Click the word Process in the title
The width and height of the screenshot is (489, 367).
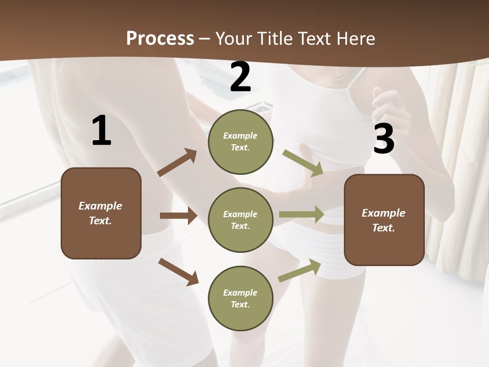pos(160,39)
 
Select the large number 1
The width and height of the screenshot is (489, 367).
pos(101,131)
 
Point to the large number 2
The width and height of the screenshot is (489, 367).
pos(240,77)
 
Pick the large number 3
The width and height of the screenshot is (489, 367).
pos(384,139)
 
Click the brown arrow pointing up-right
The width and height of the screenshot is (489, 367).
pos(177,163)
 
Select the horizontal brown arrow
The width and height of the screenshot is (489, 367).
pos(178,216)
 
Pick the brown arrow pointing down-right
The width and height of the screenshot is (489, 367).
pos(178,272)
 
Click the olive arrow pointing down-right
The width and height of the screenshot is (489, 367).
pos(303,163)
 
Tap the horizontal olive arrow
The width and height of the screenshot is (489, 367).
pos(302,215)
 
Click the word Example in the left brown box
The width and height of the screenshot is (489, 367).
pos(100,206)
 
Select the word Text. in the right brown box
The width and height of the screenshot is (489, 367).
pos(384,228)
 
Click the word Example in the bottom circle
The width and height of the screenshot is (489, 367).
pos(240,293)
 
